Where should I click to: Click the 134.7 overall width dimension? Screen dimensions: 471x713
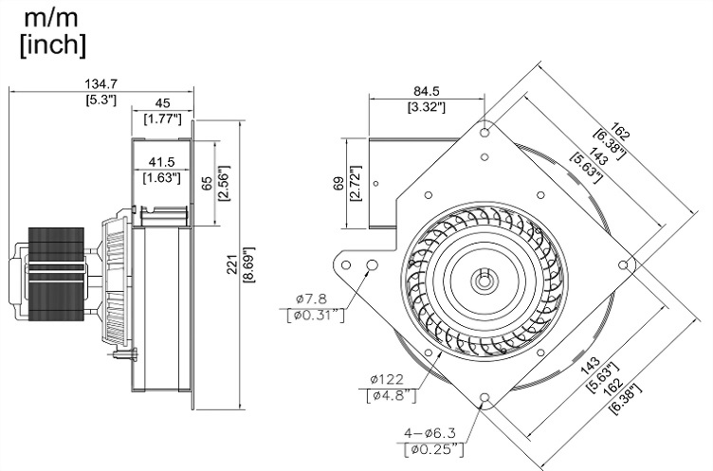tap(101, 84)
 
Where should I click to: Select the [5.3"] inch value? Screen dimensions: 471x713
tap(101, 100)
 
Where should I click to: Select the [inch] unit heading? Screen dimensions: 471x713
tap(53, 44)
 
